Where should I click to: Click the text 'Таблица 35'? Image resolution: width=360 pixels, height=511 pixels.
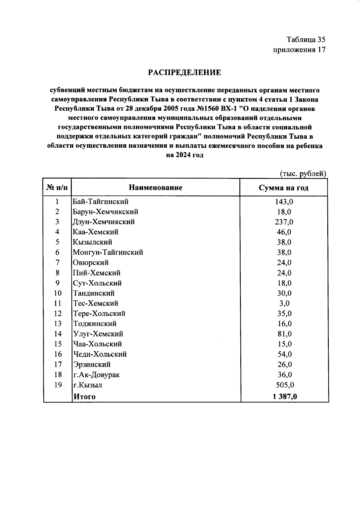[306, 40]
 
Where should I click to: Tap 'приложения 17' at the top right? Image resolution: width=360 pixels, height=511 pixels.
[299, 50]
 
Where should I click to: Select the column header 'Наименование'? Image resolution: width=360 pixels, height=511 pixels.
[155, 188]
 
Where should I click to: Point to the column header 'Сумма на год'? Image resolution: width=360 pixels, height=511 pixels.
[283, 188]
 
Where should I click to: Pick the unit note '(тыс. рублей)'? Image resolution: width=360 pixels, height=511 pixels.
[303, 173]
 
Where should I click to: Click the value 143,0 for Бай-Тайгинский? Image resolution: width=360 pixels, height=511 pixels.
[284, 202]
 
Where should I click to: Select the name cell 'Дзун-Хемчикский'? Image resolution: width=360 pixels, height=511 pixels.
[104, 222]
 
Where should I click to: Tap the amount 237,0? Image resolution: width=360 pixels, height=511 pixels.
[284, 222]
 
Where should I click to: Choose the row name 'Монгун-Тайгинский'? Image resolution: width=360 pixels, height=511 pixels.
[108, 252]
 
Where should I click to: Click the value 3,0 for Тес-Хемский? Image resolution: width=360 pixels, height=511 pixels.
[284, 303]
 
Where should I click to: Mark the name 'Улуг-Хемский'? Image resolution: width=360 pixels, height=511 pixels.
[98, 334]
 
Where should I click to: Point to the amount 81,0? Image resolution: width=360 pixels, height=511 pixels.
[284, 334]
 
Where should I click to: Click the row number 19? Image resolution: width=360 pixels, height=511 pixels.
[58, 385]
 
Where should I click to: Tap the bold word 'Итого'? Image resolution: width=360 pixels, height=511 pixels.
[85, 396]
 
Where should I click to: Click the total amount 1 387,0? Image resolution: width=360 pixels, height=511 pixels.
[285, 396]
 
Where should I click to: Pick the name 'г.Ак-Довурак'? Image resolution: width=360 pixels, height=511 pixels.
[96, 374]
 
